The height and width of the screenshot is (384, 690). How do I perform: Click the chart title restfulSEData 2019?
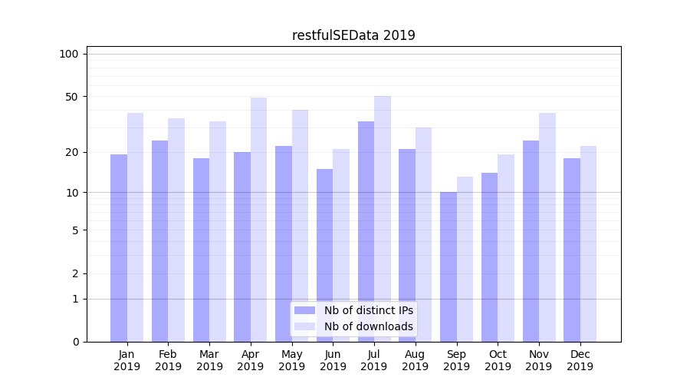click(x=353, y=35)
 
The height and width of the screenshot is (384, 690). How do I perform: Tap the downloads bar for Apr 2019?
click(x=258, y=220)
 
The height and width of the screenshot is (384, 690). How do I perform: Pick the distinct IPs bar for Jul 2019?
click(x=366, y=231)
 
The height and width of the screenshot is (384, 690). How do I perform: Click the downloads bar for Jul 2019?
click(x=383, y=219)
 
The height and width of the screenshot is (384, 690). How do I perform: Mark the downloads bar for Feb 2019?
click(x=176, y=230)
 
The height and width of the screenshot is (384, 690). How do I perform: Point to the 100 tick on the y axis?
click(x=69, y=54)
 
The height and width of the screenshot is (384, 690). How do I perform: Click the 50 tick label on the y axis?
click(x=71, y=97)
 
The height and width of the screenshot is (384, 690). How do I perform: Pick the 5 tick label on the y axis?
click(x=74, y=230)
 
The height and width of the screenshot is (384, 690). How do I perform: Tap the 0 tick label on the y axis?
click(x=74, y=342)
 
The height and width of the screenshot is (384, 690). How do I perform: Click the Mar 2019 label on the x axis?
click(x=209, y=360)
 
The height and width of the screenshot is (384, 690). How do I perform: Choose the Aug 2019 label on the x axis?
click(x=415, y=360)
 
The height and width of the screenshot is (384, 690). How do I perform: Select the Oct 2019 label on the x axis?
click(x=498, y=360)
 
